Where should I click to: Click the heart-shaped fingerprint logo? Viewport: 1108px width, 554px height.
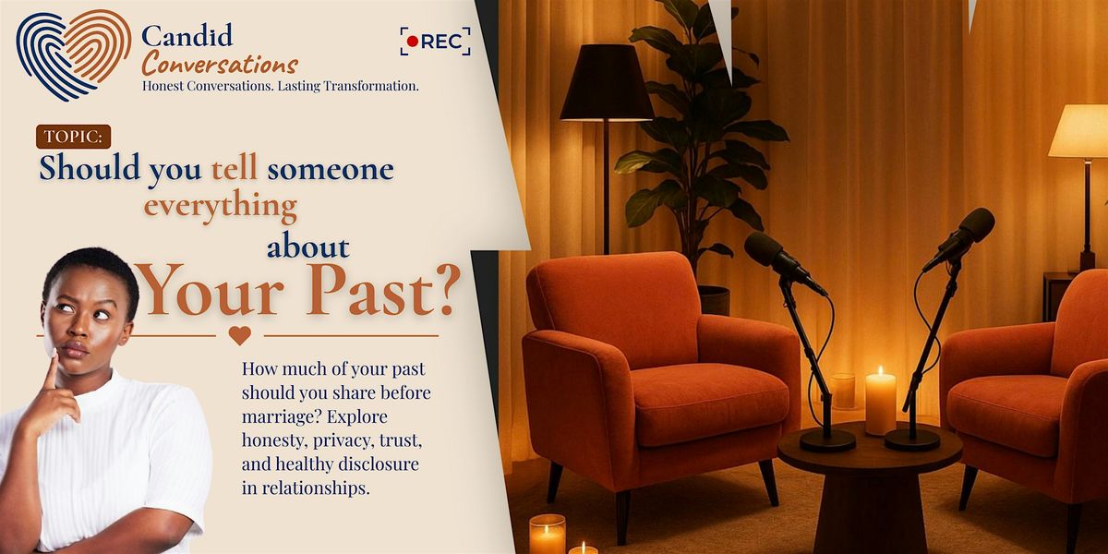pyautogui.click(x=73, y=54)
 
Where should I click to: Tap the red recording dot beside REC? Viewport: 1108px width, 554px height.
pyautogui.click(x=412, y=42)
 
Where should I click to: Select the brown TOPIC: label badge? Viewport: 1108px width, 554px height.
pyautogui.click(x=73, y=137)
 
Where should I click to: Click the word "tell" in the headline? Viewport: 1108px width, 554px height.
pyautogui.click(x=235, y=168)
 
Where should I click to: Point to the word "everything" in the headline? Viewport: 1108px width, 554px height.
pyautogui.click(x=220, y=207)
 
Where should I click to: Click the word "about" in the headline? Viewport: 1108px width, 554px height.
pyautogui.click(x=308, y=247)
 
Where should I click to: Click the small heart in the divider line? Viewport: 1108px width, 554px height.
pyautogui.click(x=240, y=335)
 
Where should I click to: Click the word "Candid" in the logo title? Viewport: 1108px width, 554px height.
pyautogui.click(x=187, y=36)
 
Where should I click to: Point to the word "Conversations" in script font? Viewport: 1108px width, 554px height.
pyautogui.click(x=220, y=65)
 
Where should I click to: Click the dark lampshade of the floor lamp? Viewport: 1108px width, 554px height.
pyautogui.click(x=607, y=82)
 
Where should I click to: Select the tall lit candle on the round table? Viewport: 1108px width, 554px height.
pyautogui.click(x=881, y=401)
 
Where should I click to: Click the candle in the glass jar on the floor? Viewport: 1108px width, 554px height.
pyautogui.click(x=548, y=534)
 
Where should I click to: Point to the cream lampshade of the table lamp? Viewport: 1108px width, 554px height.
pyautogui.click(x=1079, y=131)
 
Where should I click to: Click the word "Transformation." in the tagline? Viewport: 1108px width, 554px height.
pyautogui.click(x=371, y=86)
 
